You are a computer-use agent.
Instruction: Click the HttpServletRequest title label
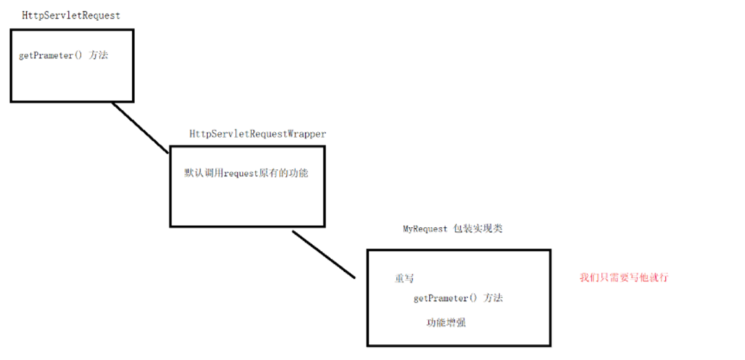pos(71,15)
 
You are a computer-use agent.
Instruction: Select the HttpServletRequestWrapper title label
pos(258,134)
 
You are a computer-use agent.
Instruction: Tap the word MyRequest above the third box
pos(425,229)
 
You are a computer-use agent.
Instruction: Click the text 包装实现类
pos(477,229)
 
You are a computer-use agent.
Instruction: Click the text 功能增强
pos(446,322)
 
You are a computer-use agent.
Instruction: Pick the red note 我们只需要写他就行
pos(624,277)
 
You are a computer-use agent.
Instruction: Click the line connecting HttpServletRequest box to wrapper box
pos(140,128)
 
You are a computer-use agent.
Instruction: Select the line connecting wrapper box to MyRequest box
pos(323,255)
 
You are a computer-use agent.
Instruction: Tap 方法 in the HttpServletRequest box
pos(98,55)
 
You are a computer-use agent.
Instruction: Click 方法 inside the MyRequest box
pos(493,298)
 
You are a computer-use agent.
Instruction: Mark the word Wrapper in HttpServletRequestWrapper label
pos(307,134)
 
